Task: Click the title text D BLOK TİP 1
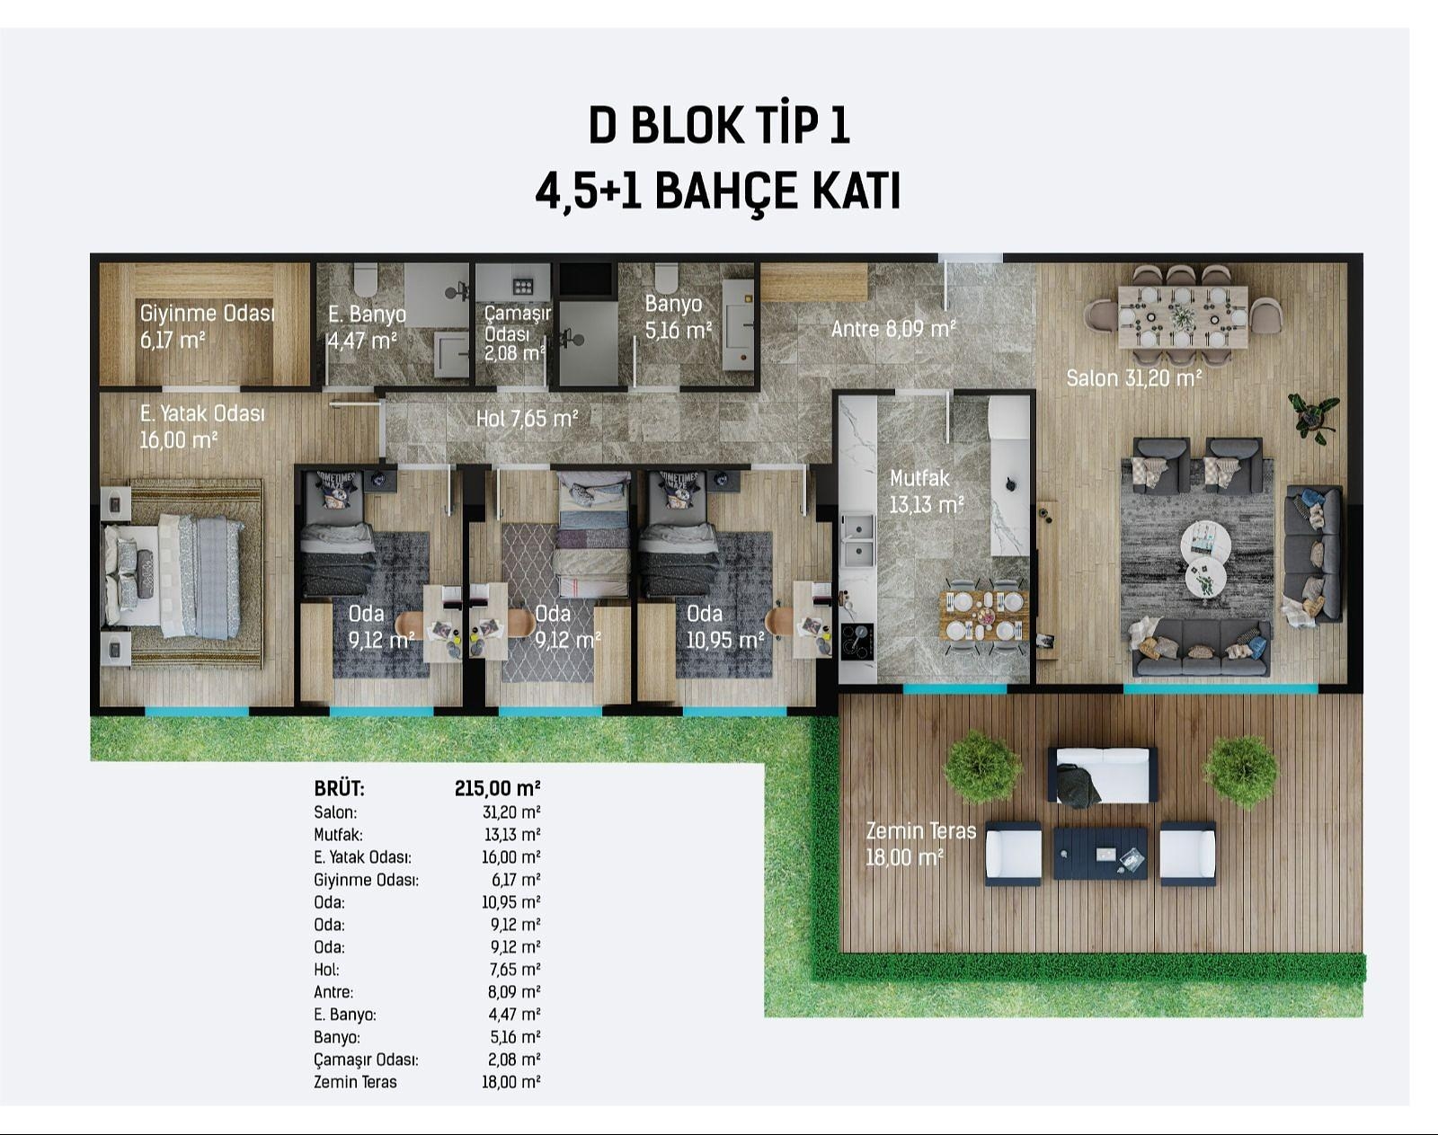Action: tap(719, 126)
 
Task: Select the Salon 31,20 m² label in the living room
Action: tap(1134, 378)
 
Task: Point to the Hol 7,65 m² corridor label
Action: tap(528, 419)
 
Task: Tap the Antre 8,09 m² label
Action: tap(893, 329)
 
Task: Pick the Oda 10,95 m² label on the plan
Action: tap(725, 626)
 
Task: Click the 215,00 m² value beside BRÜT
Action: tap(497, 788)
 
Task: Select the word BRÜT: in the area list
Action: tap(340, 789)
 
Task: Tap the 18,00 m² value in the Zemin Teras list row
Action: tap(511, 1082)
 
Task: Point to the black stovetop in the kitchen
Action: tap(857, 642)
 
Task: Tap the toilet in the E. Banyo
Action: tap(366, 279)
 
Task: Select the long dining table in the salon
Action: tap(1183, 317)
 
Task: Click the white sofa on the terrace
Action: tap(1103, 775)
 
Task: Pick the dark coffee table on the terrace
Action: tap(1101, 853)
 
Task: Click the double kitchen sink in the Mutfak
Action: tap(857, 539)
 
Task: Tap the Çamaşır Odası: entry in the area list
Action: tap(366, 1060)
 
